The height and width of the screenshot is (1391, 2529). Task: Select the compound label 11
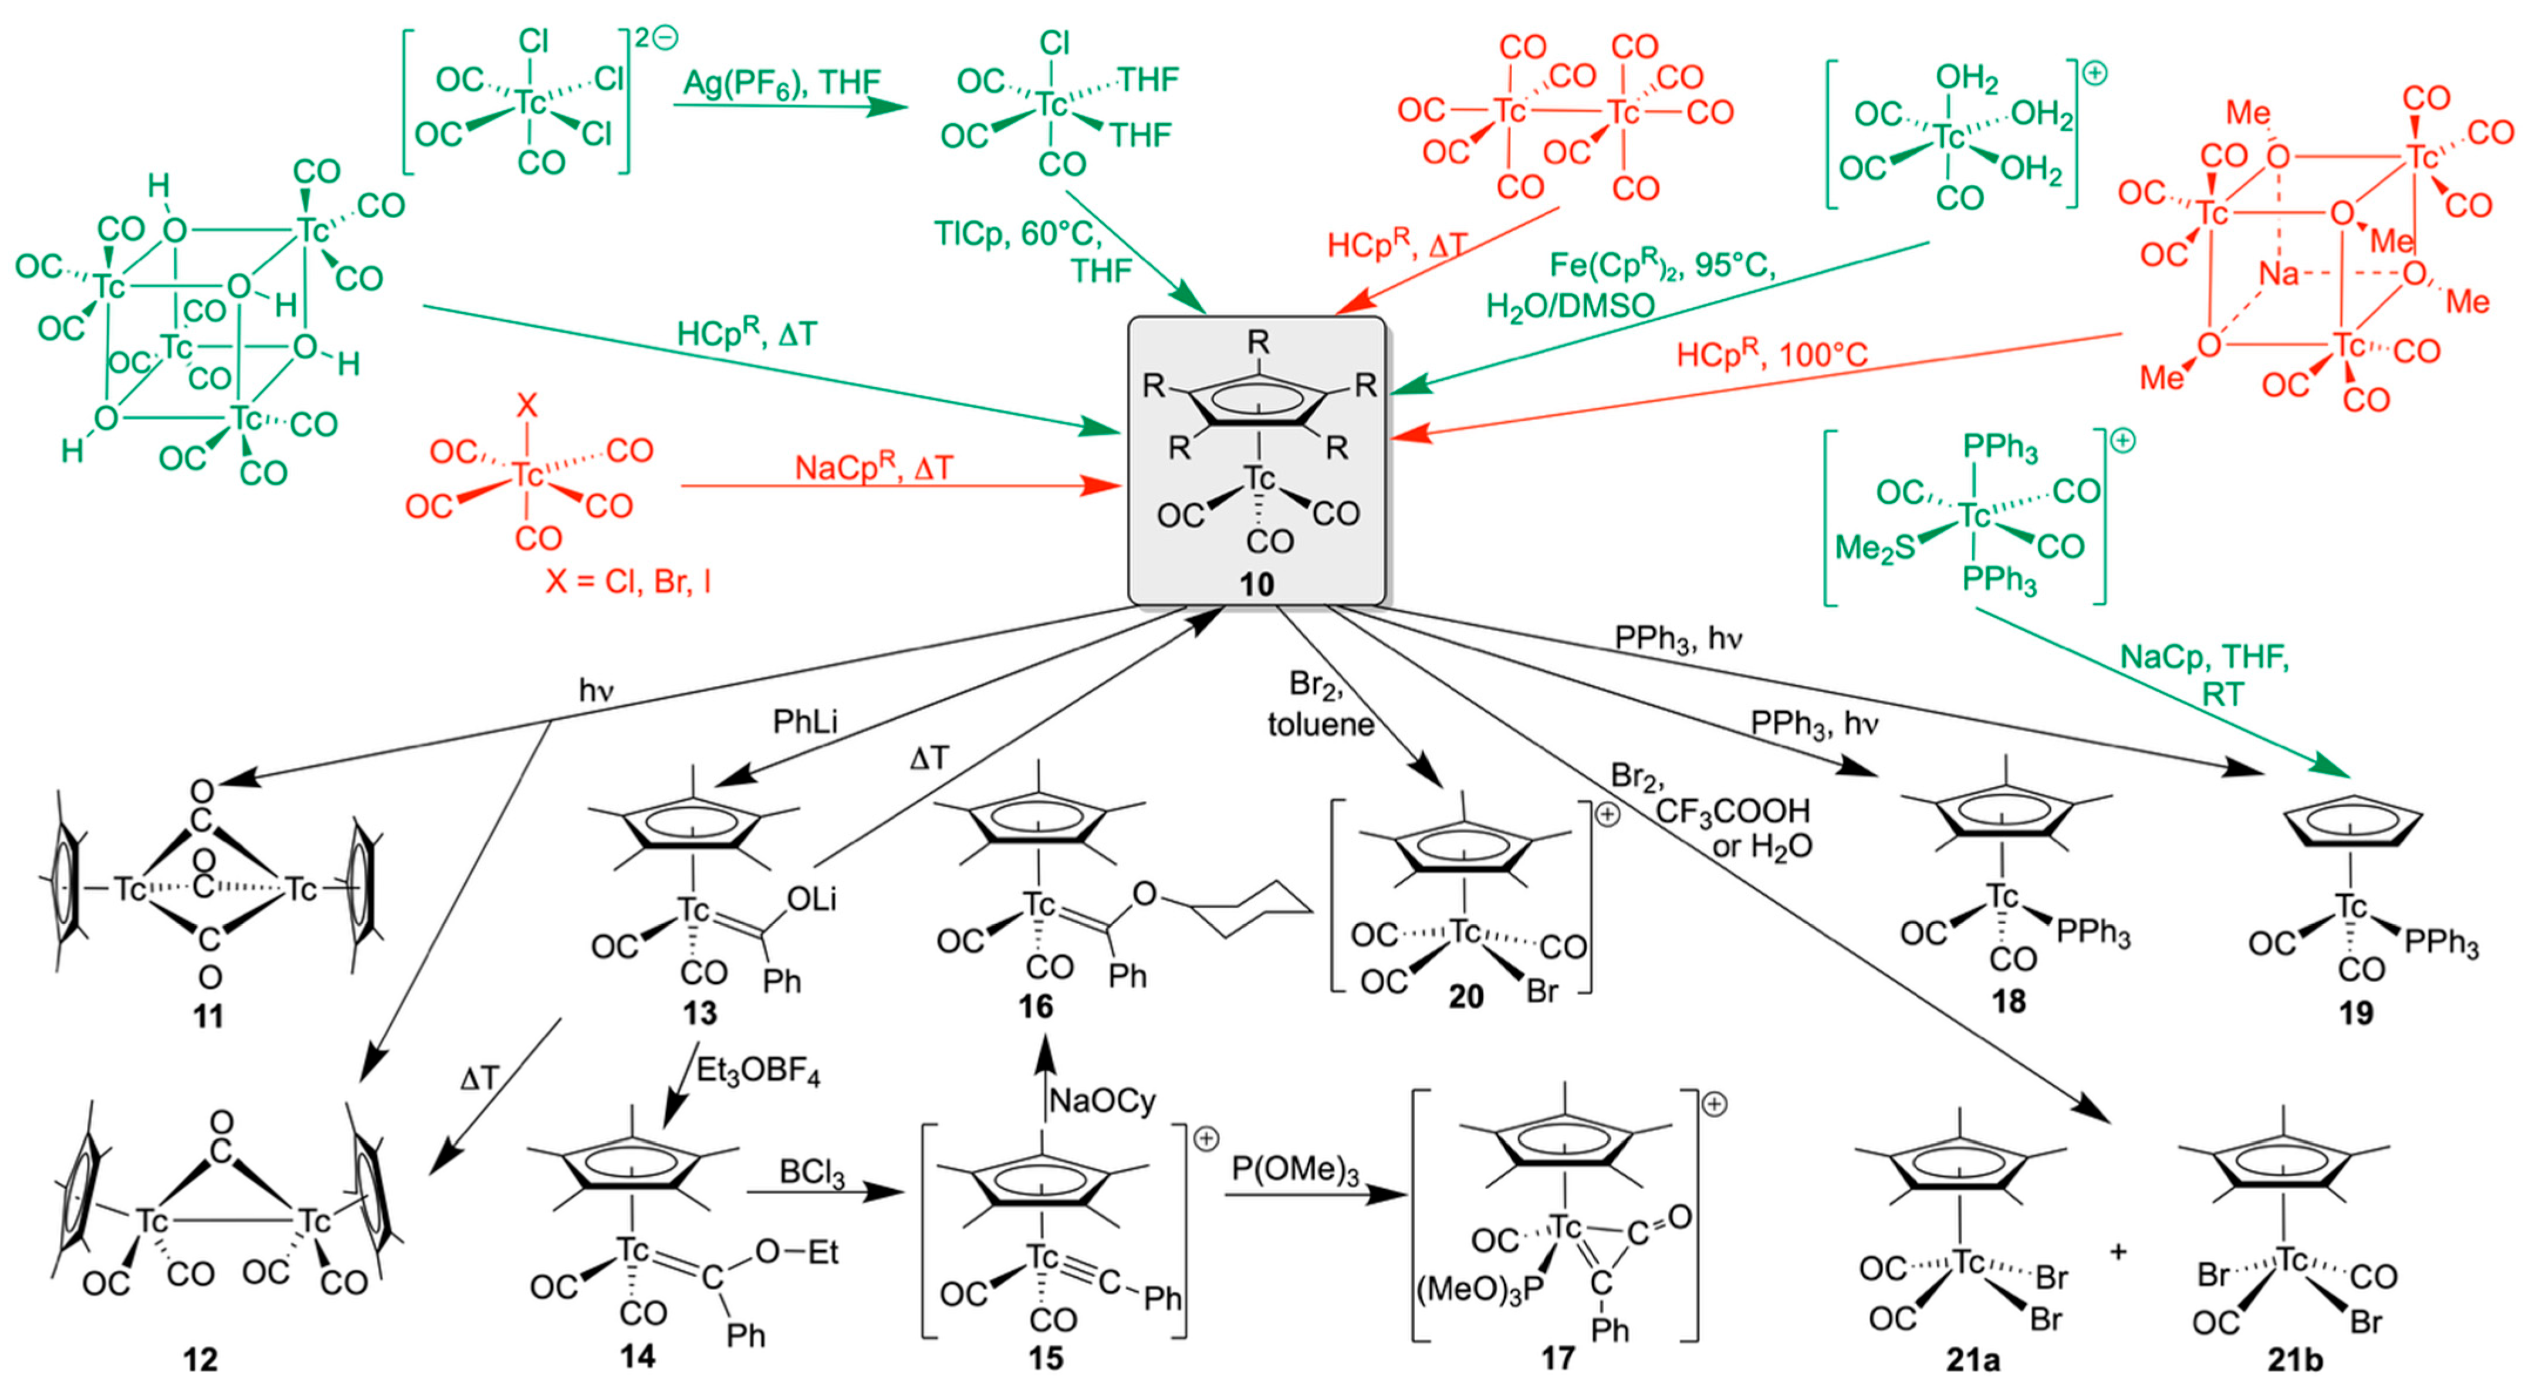(208, 1015)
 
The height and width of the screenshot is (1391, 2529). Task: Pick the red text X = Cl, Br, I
(628, 582)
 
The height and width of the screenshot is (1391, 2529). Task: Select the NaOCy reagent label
(1103, 1101)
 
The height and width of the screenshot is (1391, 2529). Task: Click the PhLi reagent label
(805, 722)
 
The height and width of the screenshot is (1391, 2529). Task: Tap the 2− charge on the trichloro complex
(656, 38)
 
